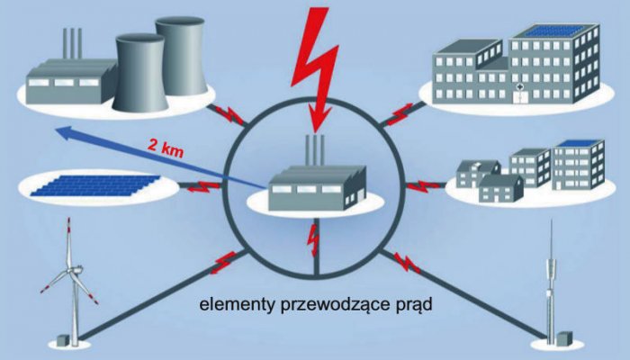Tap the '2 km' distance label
[x=166, y=148]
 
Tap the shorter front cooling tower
[x=139, y=72]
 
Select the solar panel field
[x=95, y=185]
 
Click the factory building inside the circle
[x=317, y=188]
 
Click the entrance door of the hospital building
[x=519, y=97]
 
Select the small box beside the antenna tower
[x=565, y=337]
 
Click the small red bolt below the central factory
[x=313, y=240]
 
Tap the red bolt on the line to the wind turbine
[x=223, y=262]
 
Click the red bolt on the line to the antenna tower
[x=406, y=263]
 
